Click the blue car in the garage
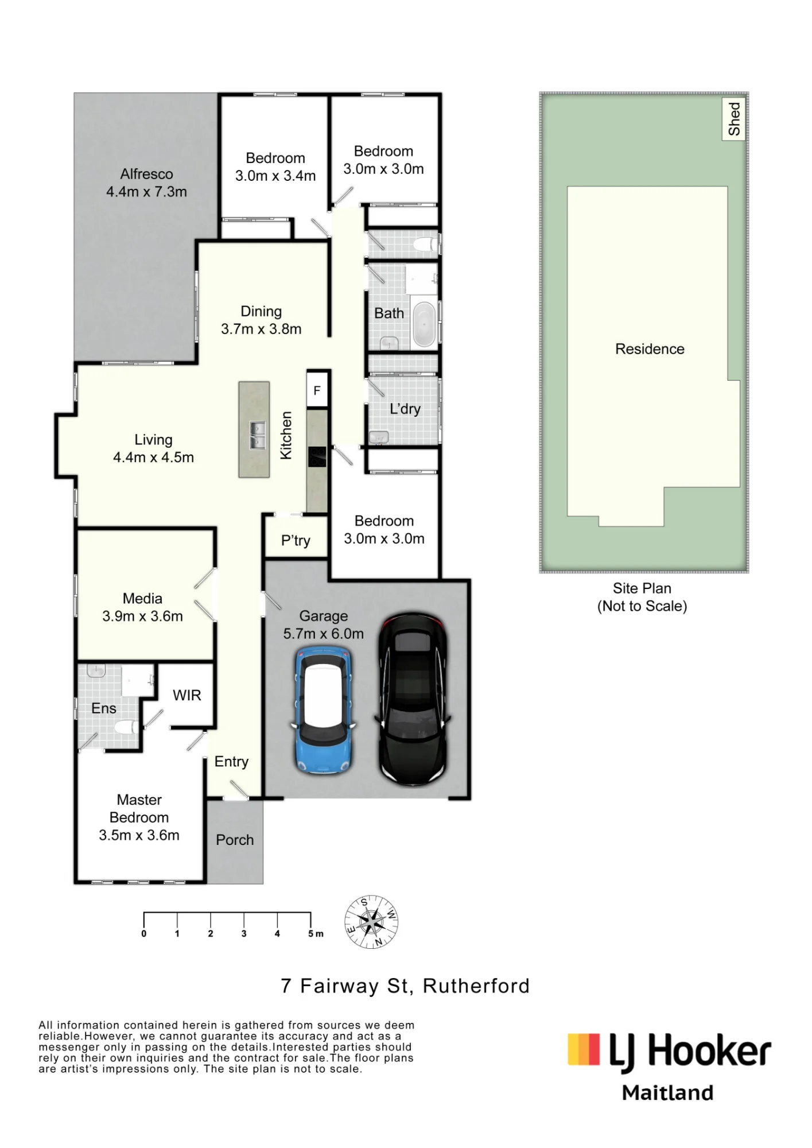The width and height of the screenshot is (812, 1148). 324,709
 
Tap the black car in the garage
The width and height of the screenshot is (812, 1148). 412,699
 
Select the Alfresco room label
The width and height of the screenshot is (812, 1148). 146,174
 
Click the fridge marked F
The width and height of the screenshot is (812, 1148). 317,390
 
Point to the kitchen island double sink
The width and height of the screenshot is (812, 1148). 257,435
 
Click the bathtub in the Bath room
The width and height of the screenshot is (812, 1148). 425,324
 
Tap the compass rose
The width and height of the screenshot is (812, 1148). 371,922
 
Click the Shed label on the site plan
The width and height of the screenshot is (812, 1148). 734,119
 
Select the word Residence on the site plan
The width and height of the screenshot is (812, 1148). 650,349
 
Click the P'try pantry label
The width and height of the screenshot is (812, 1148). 296,541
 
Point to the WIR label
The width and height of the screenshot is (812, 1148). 187,695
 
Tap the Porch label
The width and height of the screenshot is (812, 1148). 235,840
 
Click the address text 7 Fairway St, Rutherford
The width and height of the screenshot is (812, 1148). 405,986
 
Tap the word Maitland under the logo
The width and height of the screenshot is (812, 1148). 667,1093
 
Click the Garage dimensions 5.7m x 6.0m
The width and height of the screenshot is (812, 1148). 323,634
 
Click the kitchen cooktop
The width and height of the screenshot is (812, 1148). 317,457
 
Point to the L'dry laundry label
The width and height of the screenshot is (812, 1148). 405,409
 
